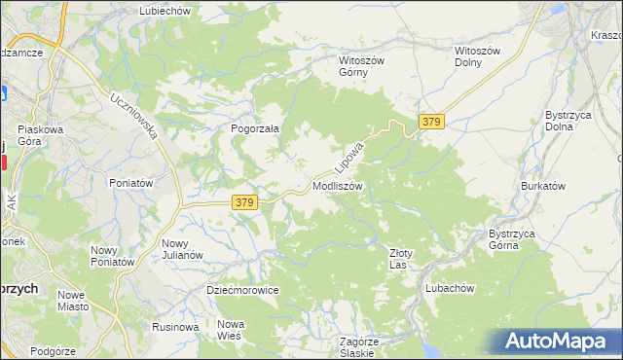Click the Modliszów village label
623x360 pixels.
pos(338,186)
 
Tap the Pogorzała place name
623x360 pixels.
pos(254,127)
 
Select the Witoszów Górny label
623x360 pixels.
pos(362,65)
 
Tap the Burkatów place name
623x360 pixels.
pos(543,185)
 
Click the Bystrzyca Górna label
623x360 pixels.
pos(517,239)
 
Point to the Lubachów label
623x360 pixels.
pos(450,288)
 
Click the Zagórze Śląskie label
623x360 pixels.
pos(358,347)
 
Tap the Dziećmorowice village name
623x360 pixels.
pos(242,290)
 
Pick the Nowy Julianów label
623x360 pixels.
pos(182,249)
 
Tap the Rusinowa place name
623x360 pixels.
pos(176,327)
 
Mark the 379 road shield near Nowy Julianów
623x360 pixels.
pos(245,202)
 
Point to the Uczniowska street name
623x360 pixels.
pos(134,116)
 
